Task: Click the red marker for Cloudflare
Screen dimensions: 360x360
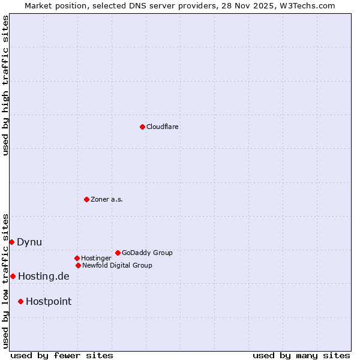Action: (x=142, y=127)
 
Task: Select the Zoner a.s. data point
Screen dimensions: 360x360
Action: (x=86, y=199)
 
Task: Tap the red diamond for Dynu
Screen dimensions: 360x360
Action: (x=11, y=242)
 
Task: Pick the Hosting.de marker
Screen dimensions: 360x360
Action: (x=13, y=276)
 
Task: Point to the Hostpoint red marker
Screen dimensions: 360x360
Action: (x=20, y=301)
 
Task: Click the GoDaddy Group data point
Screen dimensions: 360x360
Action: (x=118, y=253)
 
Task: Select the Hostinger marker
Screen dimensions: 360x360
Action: (x=77, y=258)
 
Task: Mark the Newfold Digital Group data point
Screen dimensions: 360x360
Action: (x=78, y=265)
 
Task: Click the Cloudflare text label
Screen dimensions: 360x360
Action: (x=163, y=127)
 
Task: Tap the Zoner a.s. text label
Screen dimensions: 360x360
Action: (x=107, y=199)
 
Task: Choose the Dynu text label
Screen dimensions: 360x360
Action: (x=29, y=242)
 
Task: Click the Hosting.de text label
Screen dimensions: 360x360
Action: (x=44, y=276)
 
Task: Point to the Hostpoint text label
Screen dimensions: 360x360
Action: (x=49, y=301)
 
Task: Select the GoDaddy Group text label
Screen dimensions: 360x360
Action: (x=147, y=253)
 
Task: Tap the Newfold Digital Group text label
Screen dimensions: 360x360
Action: (x=117, y=265)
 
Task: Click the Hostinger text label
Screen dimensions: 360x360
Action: (x=96, y=258)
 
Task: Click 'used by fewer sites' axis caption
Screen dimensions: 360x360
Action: (x=62, y=355)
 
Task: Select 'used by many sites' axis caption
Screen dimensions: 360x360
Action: (x=301, y=355)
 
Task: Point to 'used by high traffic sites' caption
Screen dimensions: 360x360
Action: (x=5, y=85)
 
